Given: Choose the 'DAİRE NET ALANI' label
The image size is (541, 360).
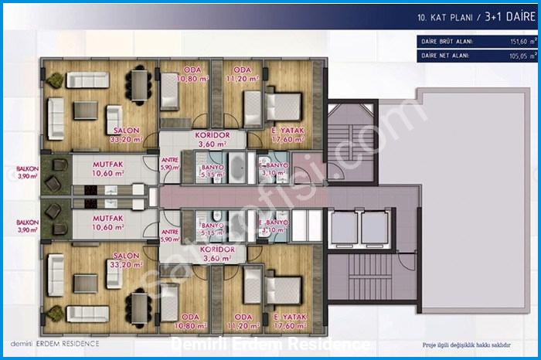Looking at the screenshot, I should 444,55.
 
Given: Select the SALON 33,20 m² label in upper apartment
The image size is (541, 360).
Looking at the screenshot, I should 126,135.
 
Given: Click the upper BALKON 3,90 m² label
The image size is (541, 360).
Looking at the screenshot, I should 28,172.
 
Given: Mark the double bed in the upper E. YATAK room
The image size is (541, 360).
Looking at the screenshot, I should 282,107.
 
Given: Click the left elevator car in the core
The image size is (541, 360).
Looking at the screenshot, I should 341,227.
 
